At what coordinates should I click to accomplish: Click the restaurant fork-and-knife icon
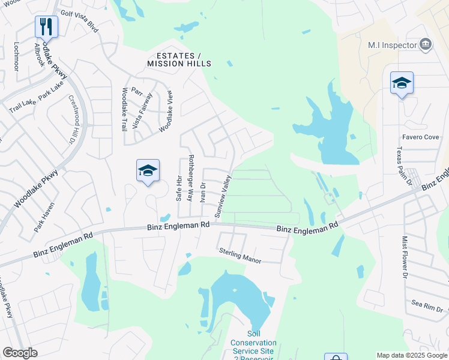coord(46,26)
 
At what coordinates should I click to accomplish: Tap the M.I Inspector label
coord(393,45)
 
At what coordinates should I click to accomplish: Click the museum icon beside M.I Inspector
coord(426,44)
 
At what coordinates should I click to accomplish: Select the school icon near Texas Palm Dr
coord(402,83)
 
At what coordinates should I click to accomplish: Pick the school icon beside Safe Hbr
coord(148,171)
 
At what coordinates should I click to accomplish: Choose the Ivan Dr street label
coord(203,193)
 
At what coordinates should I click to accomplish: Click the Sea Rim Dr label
coord(426,306)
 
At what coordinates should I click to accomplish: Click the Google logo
coord(20,353)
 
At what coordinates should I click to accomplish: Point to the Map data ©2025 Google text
coord(411,355)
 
